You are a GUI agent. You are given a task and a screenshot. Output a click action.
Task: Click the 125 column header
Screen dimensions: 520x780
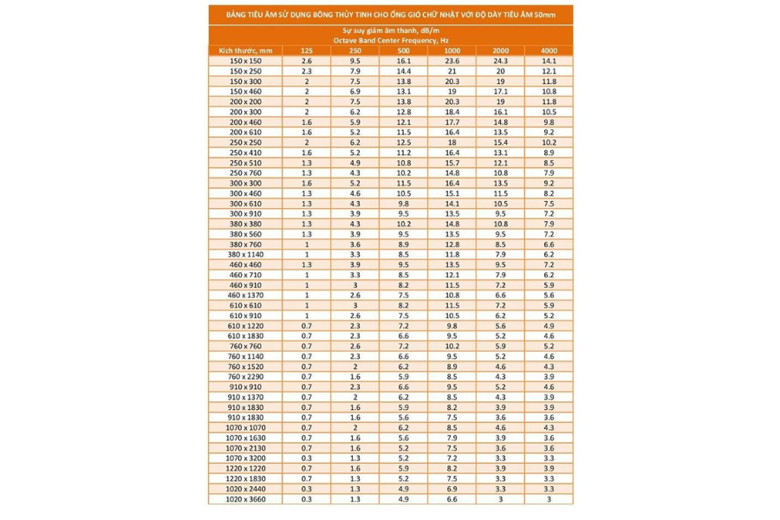tap(307, 51)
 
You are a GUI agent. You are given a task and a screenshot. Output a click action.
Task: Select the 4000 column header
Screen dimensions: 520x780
tap(549, 51)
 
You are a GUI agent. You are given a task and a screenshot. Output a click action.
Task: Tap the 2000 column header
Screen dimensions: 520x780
tap(500, 51)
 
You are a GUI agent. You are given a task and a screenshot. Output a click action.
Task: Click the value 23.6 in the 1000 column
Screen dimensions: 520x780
tap(452, 62)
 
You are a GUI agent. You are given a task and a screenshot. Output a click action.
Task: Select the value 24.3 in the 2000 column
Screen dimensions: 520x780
tap(500, 62)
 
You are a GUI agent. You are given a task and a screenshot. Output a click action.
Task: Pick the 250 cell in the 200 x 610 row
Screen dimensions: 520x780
tap(355, 132)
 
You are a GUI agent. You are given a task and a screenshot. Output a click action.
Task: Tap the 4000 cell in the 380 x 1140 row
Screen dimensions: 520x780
tap(549, 254)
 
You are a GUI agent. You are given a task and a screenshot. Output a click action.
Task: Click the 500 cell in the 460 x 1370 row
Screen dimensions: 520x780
tap(403, 295)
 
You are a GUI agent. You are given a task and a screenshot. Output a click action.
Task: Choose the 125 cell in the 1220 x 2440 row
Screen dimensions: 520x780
tap(307, 488)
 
